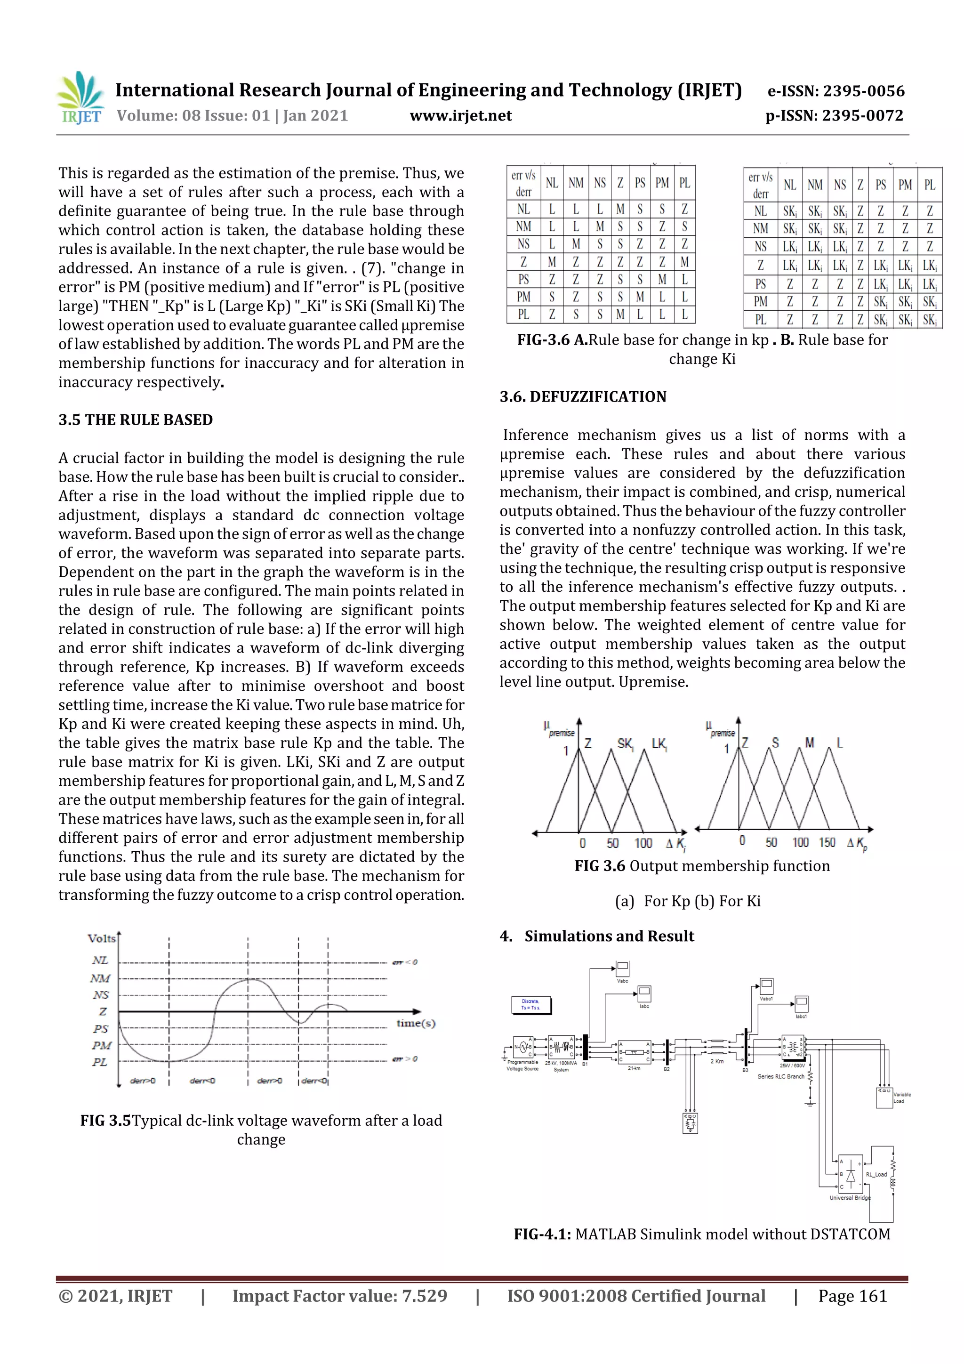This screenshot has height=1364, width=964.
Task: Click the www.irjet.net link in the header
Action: (x=460, y=115)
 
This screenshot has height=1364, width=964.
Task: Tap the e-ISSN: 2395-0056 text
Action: (x=835, y=91)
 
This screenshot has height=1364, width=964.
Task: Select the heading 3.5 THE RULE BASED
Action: (x=136, y=420)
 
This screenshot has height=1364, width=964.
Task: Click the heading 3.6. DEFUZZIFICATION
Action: (x=583, y=396)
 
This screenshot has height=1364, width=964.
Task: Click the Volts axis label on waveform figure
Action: (x=102, y=938)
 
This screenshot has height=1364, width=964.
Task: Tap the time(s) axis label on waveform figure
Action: (x=416, y=1023)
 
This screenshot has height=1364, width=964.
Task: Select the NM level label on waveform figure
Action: (x=100, y=978)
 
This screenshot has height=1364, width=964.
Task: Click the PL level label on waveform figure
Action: (x=100, y=1062)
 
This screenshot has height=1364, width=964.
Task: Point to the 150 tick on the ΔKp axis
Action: (x=827, y=842)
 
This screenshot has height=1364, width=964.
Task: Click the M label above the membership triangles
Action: (x=810, y=743)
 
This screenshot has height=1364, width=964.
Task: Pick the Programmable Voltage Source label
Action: (x=522, y=1065)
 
